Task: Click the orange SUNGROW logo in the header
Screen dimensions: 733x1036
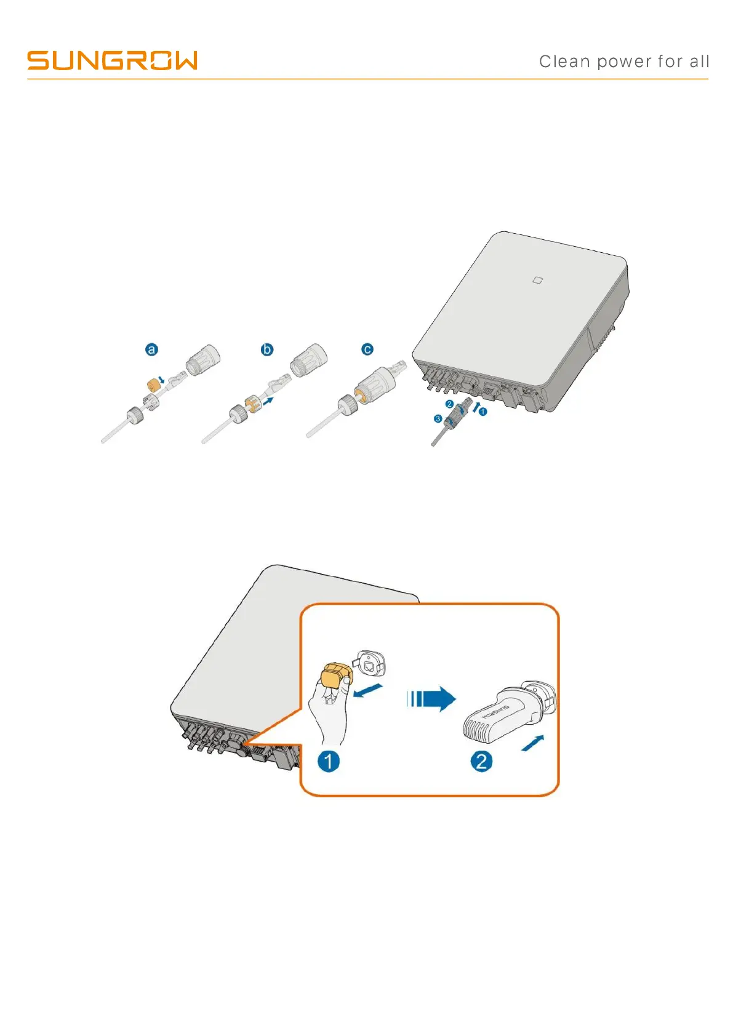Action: pyautogui.click(x=112, y=60)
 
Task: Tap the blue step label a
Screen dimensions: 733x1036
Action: pyautogui.click(x=151, y=349)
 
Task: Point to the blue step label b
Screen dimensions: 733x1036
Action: pyautogui.click(x=267, y=349)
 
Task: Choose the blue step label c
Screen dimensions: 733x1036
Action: pyautogui.click(x=367, y=349)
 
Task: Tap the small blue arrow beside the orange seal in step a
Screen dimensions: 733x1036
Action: pyautogui.click(x=161, y=380)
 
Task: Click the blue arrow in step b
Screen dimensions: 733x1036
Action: pyautogui.click(x=268, y=399)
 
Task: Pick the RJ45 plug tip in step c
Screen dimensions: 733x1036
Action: pyautogui.click(x=398, y=369)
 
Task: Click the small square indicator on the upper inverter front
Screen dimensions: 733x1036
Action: pyautogui.click(x=537, y=281)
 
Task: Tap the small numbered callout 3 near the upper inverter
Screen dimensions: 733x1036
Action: pyautogui.click(x=438, y=418)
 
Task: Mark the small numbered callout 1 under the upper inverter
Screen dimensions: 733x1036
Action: pyautogui.click(x=483, y=412)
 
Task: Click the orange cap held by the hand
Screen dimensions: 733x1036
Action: pyautogui.click(x=334, y=677)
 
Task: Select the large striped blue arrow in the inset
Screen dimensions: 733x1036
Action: pyautogui.click(x=431, y=699)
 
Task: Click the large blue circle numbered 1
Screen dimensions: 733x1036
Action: pyautogui.click(x=329, y=761)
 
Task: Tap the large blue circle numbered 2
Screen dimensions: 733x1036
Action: pyautogui.click(x=481, y=761)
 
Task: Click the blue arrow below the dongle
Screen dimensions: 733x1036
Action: pyautogui.click(x=532, y=743)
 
